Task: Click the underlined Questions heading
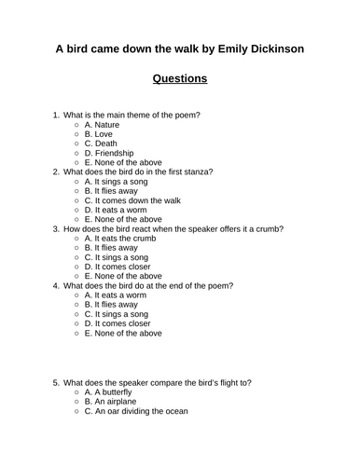pos(180,78)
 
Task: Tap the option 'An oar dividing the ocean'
pos(135,411)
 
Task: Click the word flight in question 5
pos(215,382)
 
